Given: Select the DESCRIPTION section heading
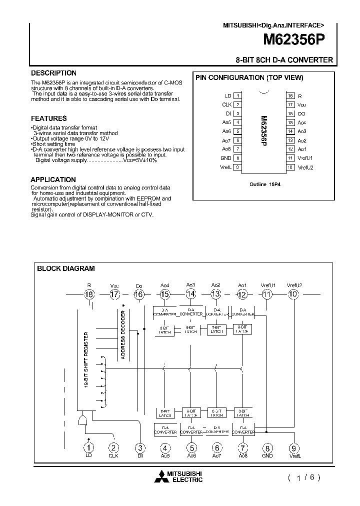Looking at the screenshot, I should [x=53, y=73].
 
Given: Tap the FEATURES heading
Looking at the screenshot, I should [x=48, y=118].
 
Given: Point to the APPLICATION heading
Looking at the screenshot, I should [x=53, y=179].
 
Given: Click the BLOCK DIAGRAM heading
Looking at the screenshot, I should [x=66, y=268].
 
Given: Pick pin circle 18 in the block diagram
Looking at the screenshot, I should [x=89, y=294].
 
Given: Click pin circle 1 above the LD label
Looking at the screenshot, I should [x=89, y=448].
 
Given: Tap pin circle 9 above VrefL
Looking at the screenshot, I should [x=293, y=448].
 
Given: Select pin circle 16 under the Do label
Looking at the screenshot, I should [x=139, y=294].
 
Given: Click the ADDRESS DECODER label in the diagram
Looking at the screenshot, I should [x=123, y=335].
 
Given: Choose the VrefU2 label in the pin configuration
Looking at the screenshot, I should [x=305, y=167].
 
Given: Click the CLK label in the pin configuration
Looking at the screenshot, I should [x=226, y=104].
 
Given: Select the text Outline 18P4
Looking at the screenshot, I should [x=265, y=184].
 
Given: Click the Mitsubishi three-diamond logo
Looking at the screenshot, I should [x=162, y=476].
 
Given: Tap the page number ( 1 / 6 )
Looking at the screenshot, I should [x=304, y=477].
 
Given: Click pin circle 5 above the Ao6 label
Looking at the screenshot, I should [x=191, y=448].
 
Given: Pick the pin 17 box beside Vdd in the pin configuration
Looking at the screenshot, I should [x=290, y=104].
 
